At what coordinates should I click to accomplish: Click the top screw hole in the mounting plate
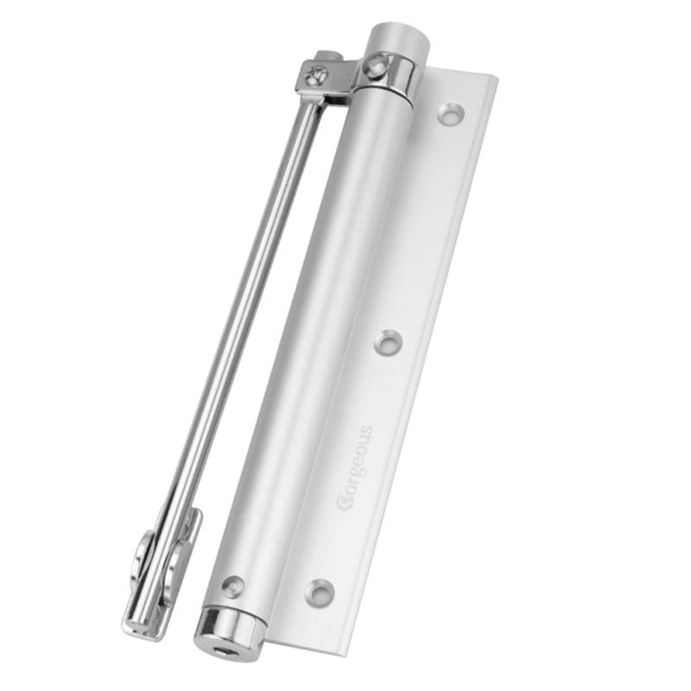pyautogui.click(x=450, y=112)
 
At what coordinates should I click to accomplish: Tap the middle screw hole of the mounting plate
pyautogui.click(x=388, y=342)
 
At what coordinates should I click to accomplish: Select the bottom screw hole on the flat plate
pyautogui.click(x=320, y=591)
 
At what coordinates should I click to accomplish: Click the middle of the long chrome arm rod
pyautogui.click(x=233, y=345)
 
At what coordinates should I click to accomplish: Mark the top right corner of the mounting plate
pyautogui.click(x=498, y=79)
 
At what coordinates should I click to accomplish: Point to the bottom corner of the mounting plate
pyautogui.click(x=275, y=643)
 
